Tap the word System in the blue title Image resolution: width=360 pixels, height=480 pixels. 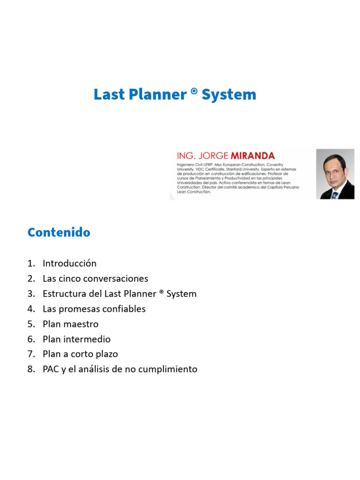tap(229, 95)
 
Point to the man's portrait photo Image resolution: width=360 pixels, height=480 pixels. tap(335, 174)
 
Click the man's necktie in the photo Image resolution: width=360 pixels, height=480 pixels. tap(335, 194)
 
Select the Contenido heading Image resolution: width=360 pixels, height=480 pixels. tap(59, 232)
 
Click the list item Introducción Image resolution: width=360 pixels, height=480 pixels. tap(69, 263)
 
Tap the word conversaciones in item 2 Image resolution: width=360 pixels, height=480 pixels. tap(118, 278)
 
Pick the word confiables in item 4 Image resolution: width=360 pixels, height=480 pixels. tap(124, 309)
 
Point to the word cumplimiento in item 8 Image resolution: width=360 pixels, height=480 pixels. tap(169, 369)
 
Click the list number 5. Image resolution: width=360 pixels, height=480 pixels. tap(31, 324)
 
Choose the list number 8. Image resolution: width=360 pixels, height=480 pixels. tap(31, 369)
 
